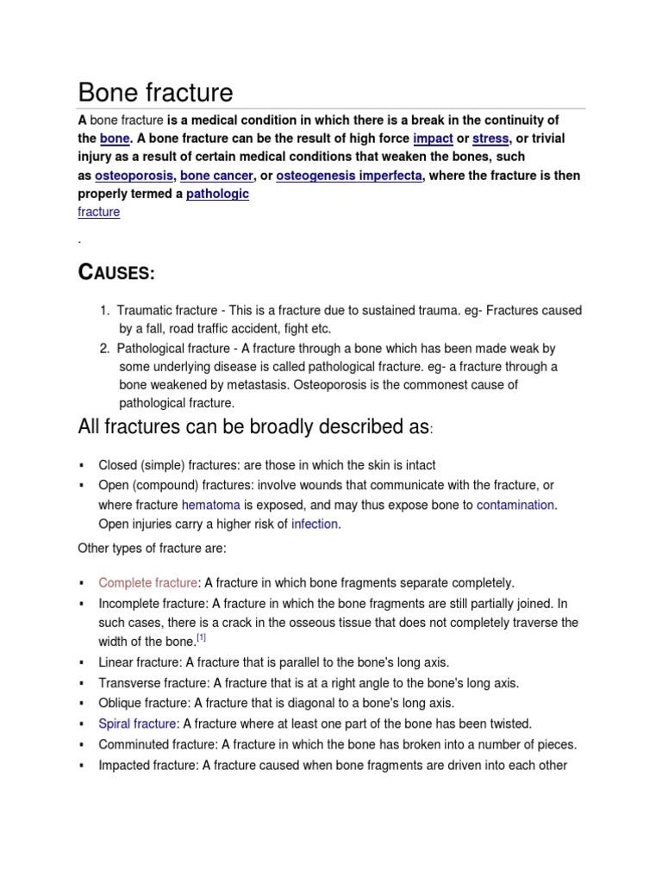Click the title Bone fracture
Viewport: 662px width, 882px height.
click(x=155, y=92)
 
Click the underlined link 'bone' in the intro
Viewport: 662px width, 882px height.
click(x=114, y=139)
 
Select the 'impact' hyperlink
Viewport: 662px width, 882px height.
click(x=433, y=139)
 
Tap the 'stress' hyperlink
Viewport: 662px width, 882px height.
click(x=490, y=139)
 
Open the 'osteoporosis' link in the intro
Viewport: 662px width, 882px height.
click(x=134, y=176)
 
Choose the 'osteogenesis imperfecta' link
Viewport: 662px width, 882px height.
click(x=349, y=176)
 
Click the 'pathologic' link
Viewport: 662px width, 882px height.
click(x=217, y=194)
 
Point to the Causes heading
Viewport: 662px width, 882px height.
click(x=116, y=273)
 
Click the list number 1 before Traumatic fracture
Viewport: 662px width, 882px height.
click(x=103, y=311)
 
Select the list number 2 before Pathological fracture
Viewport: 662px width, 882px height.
click(x=103, y=348)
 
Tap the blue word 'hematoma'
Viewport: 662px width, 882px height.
click(x=211, y=505)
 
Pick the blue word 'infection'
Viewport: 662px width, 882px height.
click(x=315, y=524)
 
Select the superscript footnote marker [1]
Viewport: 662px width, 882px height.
click(x=201, y=638)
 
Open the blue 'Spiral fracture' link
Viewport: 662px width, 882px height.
click(x=137, y=724)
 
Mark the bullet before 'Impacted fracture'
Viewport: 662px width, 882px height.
click(x=81, y=765)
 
